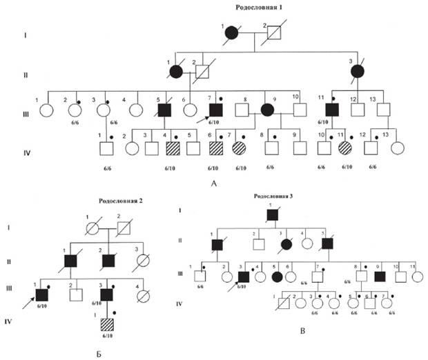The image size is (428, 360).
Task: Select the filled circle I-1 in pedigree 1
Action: (233, 32)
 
